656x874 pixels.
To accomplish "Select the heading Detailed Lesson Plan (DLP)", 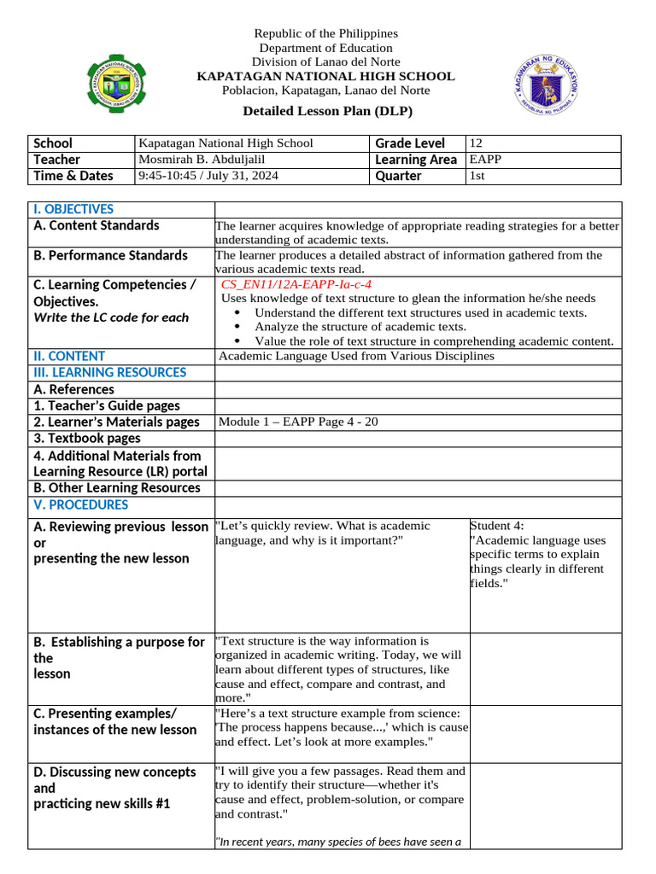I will (x=327, y=111).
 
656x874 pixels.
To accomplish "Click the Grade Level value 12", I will (x=477, y=143).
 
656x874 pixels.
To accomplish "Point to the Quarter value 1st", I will (x=477, y=176).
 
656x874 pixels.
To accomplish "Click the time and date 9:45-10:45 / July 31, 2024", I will (x=208, y=176).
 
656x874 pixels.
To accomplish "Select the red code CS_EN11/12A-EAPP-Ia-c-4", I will (x=296, y=284).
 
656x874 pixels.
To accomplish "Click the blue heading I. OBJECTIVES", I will (x=73, y=209).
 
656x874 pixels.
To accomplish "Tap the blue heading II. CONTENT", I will (x=69, y=356).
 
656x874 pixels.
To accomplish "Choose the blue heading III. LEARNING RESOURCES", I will (x=109, y=372).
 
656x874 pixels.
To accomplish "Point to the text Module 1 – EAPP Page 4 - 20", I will (x=298, y=422).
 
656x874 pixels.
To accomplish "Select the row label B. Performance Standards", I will (x=110, y=255).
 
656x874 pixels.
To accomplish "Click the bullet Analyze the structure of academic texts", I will (x=360, y=327).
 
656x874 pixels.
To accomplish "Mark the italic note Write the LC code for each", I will (x=111, y=318).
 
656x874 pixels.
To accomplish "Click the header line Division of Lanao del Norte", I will (x=325, y=61).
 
